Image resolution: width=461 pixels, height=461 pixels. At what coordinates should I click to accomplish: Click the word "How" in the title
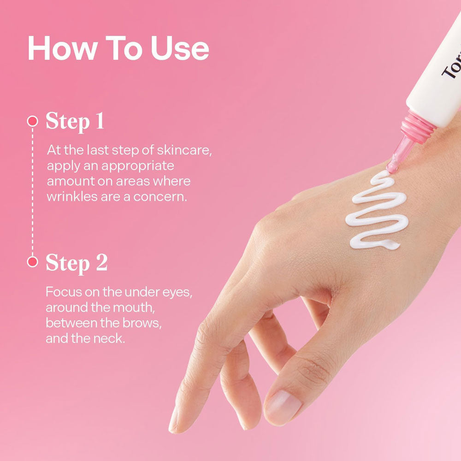coord(63,48)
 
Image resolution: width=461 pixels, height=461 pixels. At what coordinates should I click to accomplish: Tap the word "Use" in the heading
coord(180,48)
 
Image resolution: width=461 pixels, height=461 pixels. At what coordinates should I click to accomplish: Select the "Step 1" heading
coord(75,121)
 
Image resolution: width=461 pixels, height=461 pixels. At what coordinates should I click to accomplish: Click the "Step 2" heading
coord(77,263)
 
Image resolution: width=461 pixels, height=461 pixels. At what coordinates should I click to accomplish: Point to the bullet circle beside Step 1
coord(33,121)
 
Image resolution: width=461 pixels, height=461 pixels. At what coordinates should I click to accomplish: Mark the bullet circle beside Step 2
coord(33,261)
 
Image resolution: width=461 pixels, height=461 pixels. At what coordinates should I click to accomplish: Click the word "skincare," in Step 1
coord(184,150)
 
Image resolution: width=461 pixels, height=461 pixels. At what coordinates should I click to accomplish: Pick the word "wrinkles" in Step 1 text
coord(72,196)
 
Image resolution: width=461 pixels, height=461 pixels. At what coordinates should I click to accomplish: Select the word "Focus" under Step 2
coord(64,292)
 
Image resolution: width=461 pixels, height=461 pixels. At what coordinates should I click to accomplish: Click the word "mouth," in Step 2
coord(134,307)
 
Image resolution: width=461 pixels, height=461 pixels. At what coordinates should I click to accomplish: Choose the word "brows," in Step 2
coord(142,323)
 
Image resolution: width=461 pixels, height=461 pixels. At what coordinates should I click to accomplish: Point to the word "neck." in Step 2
coord(109,338)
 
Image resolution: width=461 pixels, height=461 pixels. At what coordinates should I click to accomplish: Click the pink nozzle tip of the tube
coord(392,168)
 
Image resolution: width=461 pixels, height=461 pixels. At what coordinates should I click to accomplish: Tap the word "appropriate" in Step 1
coord(137,166)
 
